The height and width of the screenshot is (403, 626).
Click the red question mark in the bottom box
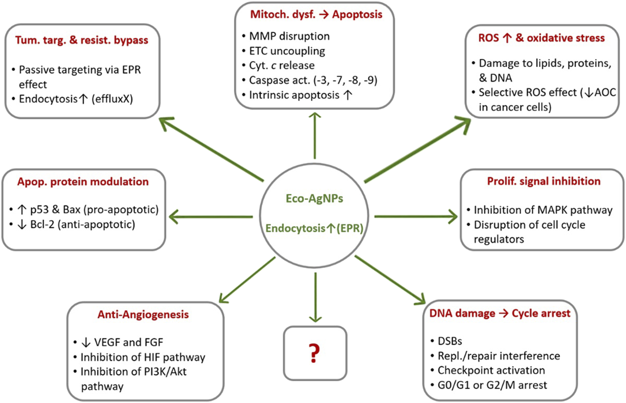[x=314, y=353]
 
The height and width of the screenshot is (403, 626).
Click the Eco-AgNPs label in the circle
[x=314, y=198]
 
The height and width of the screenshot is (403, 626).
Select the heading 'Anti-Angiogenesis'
[x=143, y=314]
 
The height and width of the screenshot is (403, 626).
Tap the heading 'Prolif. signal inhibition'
[x=543, y=181]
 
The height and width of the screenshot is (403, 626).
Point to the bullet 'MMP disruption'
[x=289, y=36]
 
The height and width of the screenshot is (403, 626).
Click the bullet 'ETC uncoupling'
[x=287, y=51]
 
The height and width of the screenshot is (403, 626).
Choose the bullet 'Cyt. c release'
[x=281, y=66]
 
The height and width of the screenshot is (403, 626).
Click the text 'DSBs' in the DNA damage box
[x=450, y=341]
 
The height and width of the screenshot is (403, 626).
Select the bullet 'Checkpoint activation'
[x=491, y=370]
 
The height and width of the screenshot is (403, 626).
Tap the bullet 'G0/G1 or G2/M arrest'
[x=492, y=385]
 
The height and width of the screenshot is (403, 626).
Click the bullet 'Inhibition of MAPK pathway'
[x=543, y=210]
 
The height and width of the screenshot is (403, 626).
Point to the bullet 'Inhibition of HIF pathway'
[x=143, y=357]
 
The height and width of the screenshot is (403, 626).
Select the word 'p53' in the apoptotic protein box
[x=39, y=209]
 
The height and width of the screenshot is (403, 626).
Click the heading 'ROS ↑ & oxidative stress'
[x=541, y=38]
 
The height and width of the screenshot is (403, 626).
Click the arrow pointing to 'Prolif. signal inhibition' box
[x=415, y=216]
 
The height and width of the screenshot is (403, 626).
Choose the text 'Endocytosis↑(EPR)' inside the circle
[x=314, y=228]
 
